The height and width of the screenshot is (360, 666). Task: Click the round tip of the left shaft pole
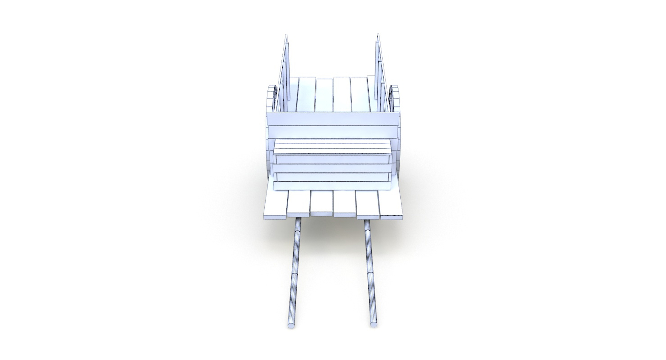pyautogui.click(x=291, y=326)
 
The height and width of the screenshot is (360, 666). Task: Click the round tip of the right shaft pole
pyautogui.click(x=374, y=324)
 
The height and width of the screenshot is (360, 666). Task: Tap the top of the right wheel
pyautogui.click(x=395, y=88)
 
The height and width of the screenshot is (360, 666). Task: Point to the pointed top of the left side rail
pyautogui.click(x=286, y=35)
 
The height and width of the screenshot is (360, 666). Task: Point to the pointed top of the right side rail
pyautogui.click(x=378, y=35)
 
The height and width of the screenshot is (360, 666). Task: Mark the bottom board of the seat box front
pyautogui.click(x=332, y=186)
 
